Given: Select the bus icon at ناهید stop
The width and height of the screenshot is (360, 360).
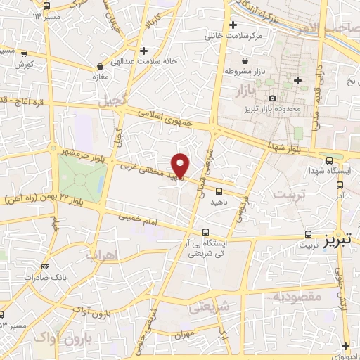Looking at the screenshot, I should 219,191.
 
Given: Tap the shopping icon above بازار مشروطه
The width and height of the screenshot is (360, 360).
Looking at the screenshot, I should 245,60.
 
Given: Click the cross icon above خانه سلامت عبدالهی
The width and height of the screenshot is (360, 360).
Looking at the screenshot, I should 143,51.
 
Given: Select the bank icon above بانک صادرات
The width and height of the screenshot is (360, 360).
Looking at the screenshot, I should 46,266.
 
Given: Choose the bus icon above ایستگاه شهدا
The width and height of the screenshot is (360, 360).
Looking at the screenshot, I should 330,159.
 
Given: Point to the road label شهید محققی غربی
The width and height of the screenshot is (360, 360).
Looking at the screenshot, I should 146,171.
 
